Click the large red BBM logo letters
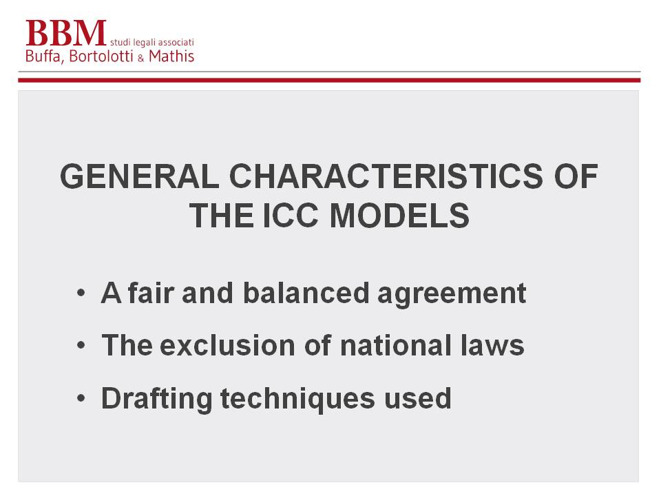coord(66,33)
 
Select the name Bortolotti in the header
coord(101,56)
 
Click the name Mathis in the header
coord(171,56)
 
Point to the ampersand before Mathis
coord(140,59)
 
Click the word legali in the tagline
coord(144,43)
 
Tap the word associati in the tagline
coord(176,42)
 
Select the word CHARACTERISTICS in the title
coord(386,176)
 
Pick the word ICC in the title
coord(291,216)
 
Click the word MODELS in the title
coord(399,216)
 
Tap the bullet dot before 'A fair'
coord(81,293)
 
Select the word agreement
coord(452,295)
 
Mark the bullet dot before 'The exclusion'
coord(81,345)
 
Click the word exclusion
coord(228,345)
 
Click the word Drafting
coord(157,399)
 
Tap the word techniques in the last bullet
coord(297,399)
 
